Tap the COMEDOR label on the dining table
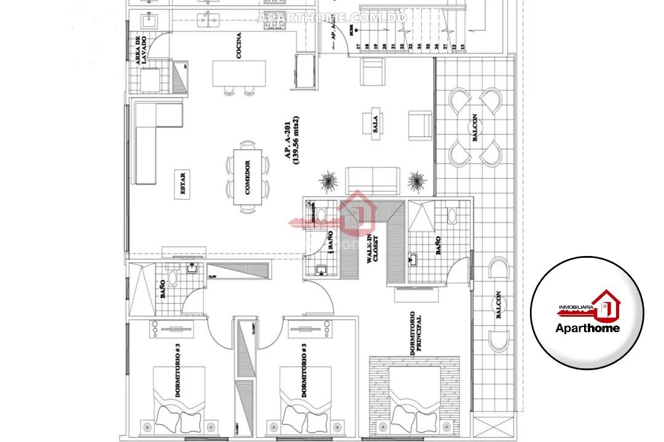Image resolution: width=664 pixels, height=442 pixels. pyautogui.click(x=247, y=178)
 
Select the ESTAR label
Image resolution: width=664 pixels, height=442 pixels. pyautogui.click(x=183, y=184)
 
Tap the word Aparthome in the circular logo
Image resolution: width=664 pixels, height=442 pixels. pyautogui.click(x=587, y=327)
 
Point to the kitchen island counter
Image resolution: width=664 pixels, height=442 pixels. pyautogui.click(x=237, y=74)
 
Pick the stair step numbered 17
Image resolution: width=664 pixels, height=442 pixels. pyautogui.click(x=357, y=46)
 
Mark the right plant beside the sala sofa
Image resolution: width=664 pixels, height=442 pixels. pyautogui.click(x=417, y=180)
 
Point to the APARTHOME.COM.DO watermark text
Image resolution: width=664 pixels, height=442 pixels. pyautogui.click(x=332, y=17)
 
